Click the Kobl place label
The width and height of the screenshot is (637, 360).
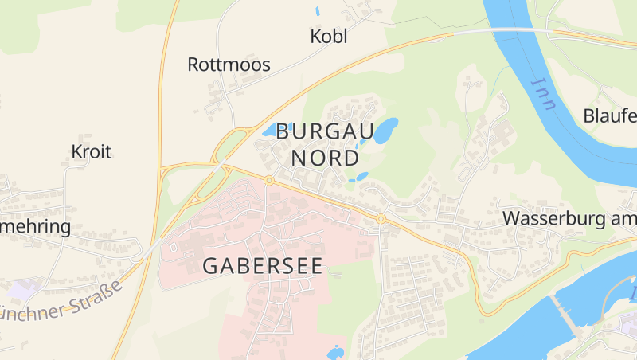click(329, 37)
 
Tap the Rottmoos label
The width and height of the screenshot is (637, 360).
click(229, 65)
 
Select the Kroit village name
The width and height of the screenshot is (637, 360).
click(91, 151)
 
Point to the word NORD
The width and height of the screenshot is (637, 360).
click(325, 158)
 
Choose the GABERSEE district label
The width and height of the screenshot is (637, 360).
click(263, 266)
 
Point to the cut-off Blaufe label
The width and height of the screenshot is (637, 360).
click(611, 115)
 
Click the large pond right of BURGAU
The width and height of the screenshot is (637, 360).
click(386, 130)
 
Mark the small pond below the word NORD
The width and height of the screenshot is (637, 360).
click(362, 176)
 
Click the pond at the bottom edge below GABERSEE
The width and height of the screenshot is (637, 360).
click(335, 352)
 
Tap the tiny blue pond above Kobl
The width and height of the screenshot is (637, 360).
click(318, 12)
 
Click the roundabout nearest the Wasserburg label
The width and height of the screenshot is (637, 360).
click(381, 218)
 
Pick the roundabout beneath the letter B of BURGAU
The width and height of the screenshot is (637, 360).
click(269, 181)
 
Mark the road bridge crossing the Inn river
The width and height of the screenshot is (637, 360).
click(510, 29)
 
